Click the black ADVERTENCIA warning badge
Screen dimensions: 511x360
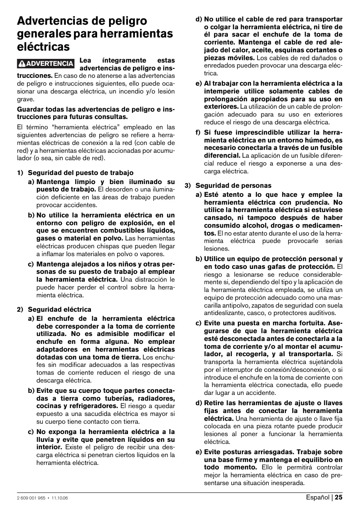tap(46, 64)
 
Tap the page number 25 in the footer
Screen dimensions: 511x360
tap(338, 497)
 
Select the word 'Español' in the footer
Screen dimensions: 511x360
tap(318, 497)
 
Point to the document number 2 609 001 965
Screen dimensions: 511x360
tap(31, 498)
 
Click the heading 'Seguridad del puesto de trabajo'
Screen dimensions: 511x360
tap(81, 173)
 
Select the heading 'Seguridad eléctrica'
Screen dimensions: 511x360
tap(60, 309)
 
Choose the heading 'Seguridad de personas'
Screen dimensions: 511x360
tap(233, 185)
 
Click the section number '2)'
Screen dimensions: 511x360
tap(20, 309)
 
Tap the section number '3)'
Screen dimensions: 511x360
tap(187, 185)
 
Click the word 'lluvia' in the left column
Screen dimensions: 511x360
tap(45, 440)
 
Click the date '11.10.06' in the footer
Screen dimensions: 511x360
tap(60, 498)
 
